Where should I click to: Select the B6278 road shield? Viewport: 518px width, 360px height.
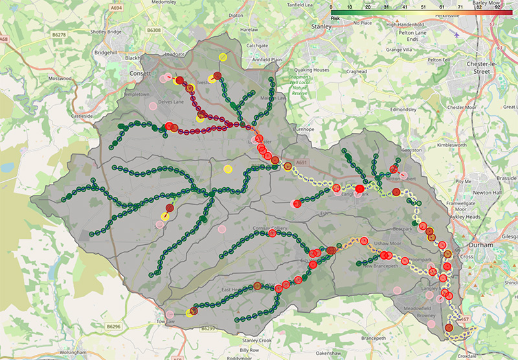[x=60, y=33]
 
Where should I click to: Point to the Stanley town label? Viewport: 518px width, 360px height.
[x=321, y=27]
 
